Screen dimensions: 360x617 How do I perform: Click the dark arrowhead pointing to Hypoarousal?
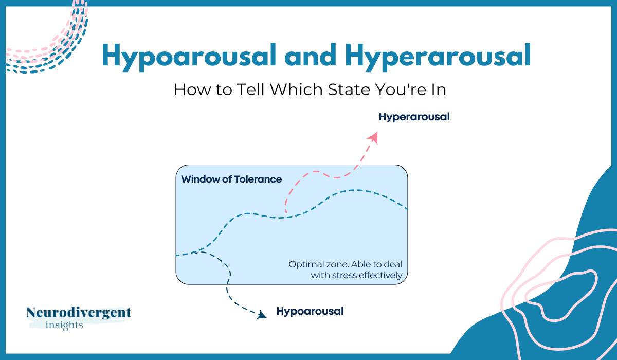click(262, 314)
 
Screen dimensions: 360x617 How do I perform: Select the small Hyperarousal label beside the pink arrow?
click(414, 117)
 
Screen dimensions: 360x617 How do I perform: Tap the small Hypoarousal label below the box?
click(310, 311)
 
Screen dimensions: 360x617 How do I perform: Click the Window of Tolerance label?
click(231, 179)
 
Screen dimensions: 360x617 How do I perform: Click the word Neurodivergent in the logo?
click(79, 312)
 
